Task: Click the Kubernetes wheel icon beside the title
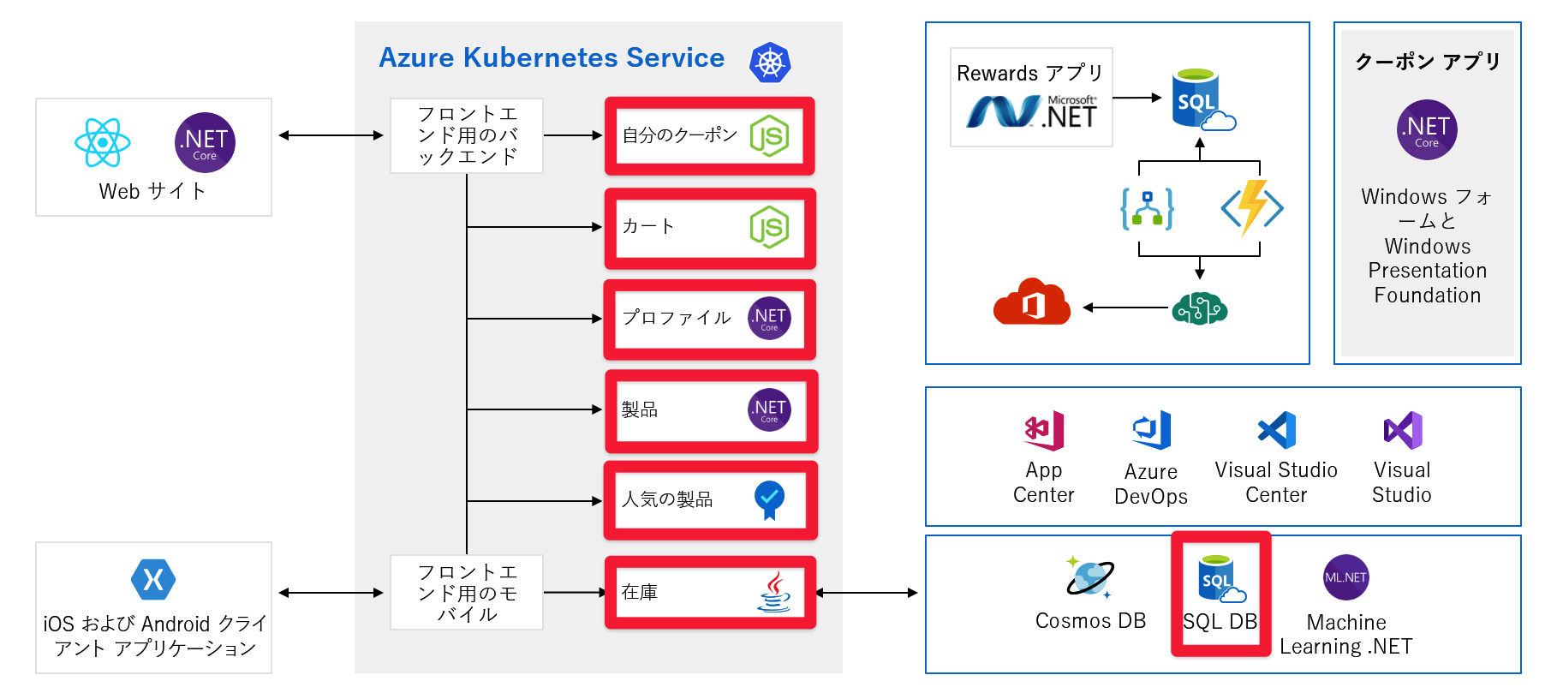(x=769, y=63)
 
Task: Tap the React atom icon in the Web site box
(x=103, y=142)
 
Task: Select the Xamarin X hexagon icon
(x=153, y=580)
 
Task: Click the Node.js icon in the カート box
(x=769, y=227)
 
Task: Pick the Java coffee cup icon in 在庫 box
(x=773, y=592)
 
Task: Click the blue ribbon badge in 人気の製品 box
(x=769, y=499)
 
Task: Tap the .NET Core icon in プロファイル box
(x=769, y=319)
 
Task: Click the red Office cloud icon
(x=1032, y=302)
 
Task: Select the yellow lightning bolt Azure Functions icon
(x=1251, y=207)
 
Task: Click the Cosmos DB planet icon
(x=1089, y=577)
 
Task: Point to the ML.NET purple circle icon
(x=1345, y=577)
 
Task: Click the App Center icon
(x=1044, y=430)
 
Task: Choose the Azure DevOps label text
(x=1151, y=484)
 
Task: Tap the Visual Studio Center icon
(x=1276, y=430)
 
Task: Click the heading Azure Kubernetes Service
(x=552, y=57)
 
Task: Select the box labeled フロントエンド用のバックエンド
(x=467, y=135)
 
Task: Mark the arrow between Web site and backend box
(x=331, y=135)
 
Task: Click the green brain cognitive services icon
(x=1199, y=308)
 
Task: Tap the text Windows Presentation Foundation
(x=1427, y=271)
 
